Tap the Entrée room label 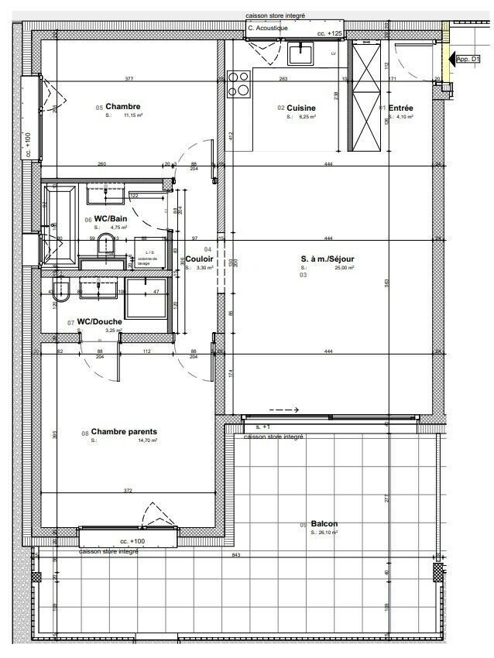point(400,108)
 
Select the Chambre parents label point(124,432)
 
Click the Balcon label point(324,524)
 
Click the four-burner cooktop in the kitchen point(238,82)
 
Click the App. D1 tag point(468,59)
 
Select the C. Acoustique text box point(268,28)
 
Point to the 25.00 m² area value point(344,268)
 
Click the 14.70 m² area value point(147,440)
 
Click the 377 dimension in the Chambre point(129,79)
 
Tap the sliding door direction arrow point(283,410)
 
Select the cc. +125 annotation point(330,34)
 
